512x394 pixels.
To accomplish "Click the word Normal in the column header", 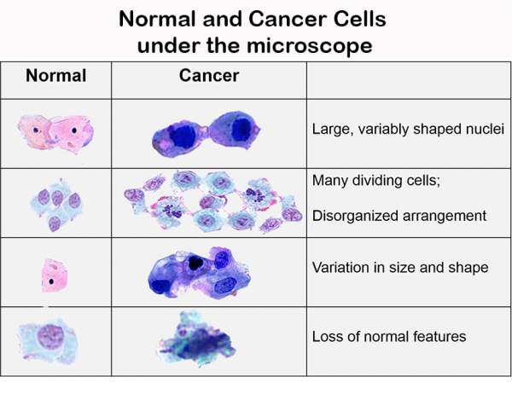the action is coord(55,76).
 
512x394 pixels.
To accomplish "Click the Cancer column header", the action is coord(209,75).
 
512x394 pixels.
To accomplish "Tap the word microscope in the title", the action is coord(309,45).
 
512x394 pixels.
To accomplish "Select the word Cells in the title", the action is coord(359,19).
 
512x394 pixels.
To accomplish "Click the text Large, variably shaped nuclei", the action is coord(408,129).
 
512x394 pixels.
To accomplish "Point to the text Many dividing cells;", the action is coord(376,180).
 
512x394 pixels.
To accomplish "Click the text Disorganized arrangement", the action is coord(399,216).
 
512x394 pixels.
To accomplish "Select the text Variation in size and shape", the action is coord(400,267).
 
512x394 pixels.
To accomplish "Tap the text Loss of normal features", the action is coord(389,337).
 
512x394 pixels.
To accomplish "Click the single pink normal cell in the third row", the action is coord(54,275).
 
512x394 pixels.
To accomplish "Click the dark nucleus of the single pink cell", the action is coord(51,281).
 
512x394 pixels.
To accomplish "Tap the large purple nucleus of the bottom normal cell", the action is coord(50,337).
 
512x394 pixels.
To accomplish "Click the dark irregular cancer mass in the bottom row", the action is coord(198,341).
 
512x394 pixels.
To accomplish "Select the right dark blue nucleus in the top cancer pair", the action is coord(241,129).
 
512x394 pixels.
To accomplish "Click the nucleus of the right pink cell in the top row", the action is coord(74,130).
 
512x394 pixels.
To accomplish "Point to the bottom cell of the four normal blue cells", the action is coord(55,223).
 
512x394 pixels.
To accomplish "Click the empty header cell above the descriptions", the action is coord(409,80).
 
